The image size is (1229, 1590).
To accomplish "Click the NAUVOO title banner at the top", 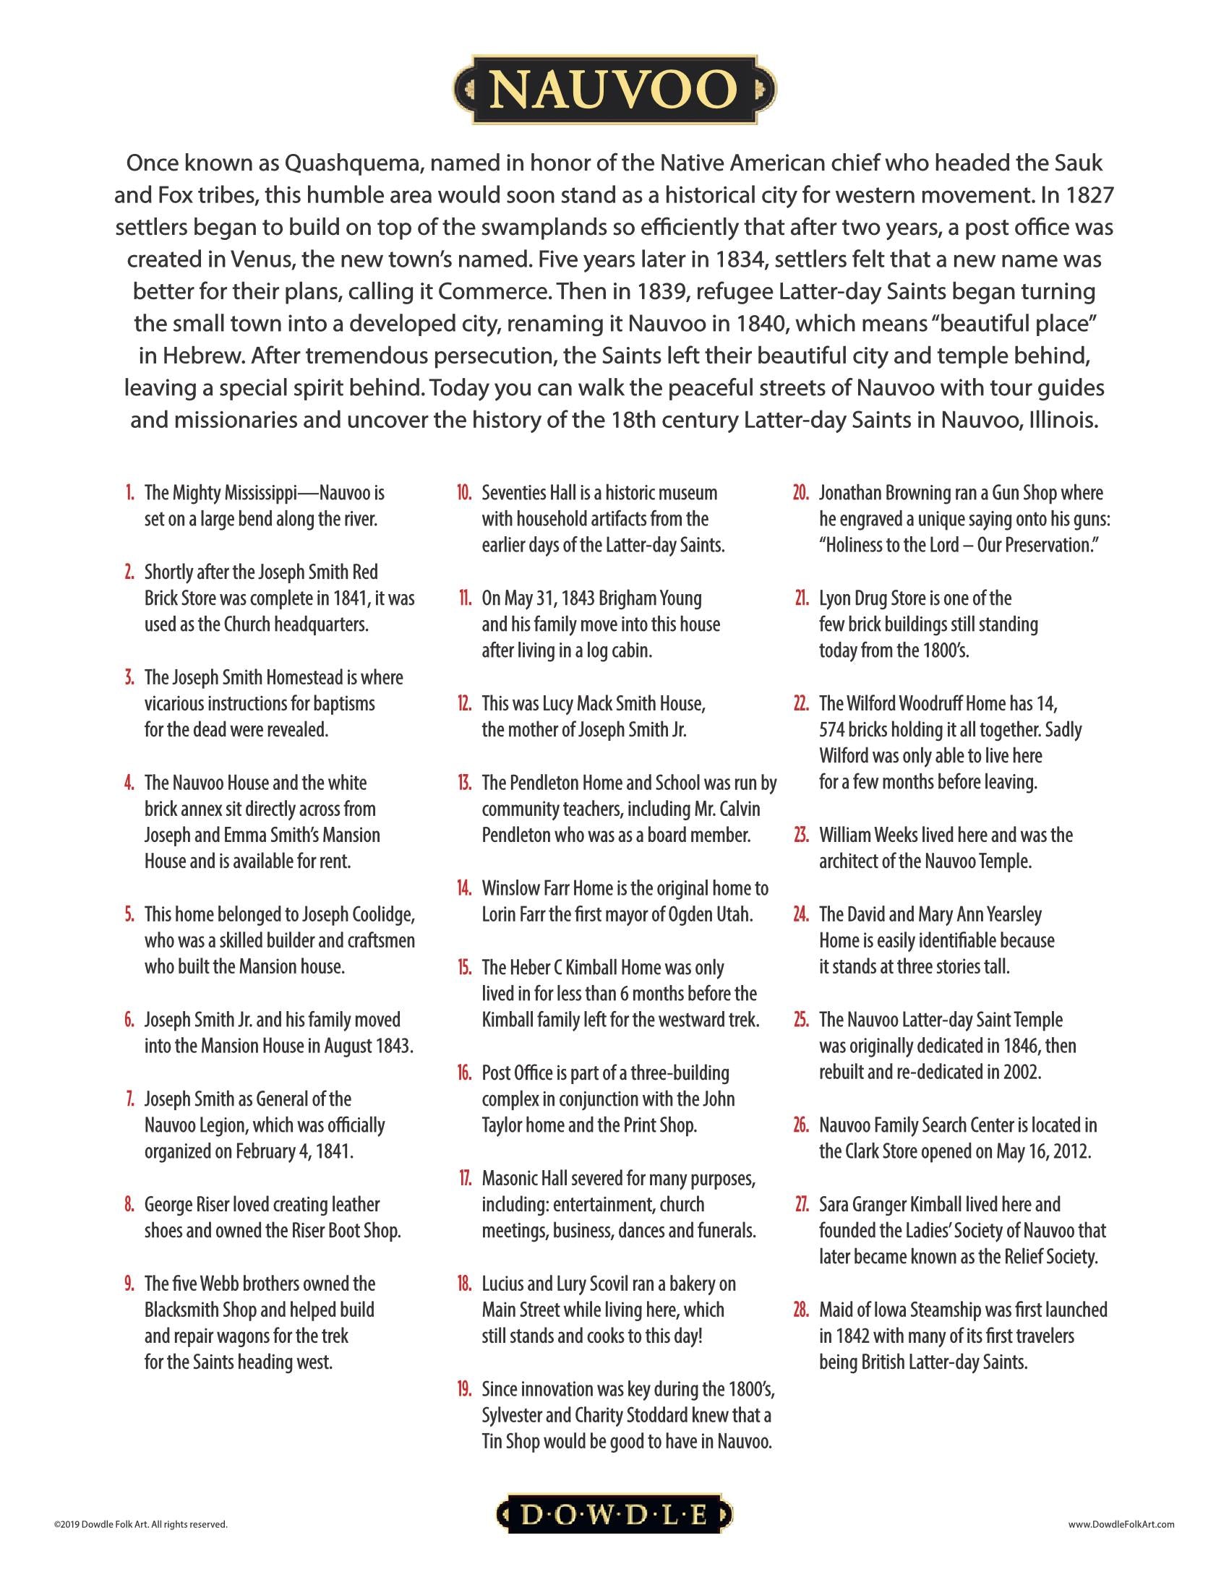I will pyautogui.click(x=614, y=89).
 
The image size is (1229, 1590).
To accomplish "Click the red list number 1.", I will pyautogui.click(x=129, y=493).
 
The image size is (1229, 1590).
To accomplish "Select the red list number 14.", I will pyautogui.click(x=464, y=888).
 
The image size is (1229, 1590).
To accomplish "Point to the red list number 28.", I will pyautogui.click(x=801, y=1310).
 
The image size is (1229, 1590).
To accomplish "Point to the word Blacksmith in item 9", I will pyautogui.click(x=180, y=1310).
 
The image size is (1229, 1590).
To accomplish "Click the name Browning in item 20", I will pyautogui.click(x=920, y=493).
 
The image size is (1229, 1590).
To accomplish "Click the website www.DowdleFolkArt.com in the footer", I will pyautogui.click(x=1121, y=1523).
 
